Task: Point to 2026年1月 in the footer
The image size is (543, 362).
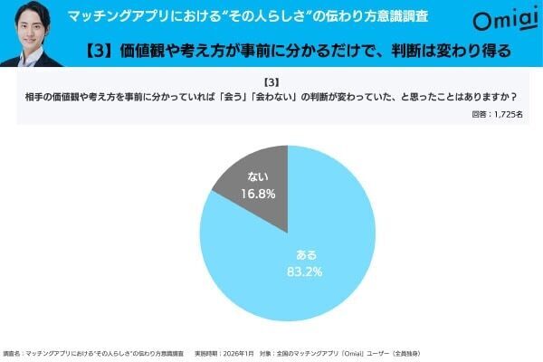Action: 235,352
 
